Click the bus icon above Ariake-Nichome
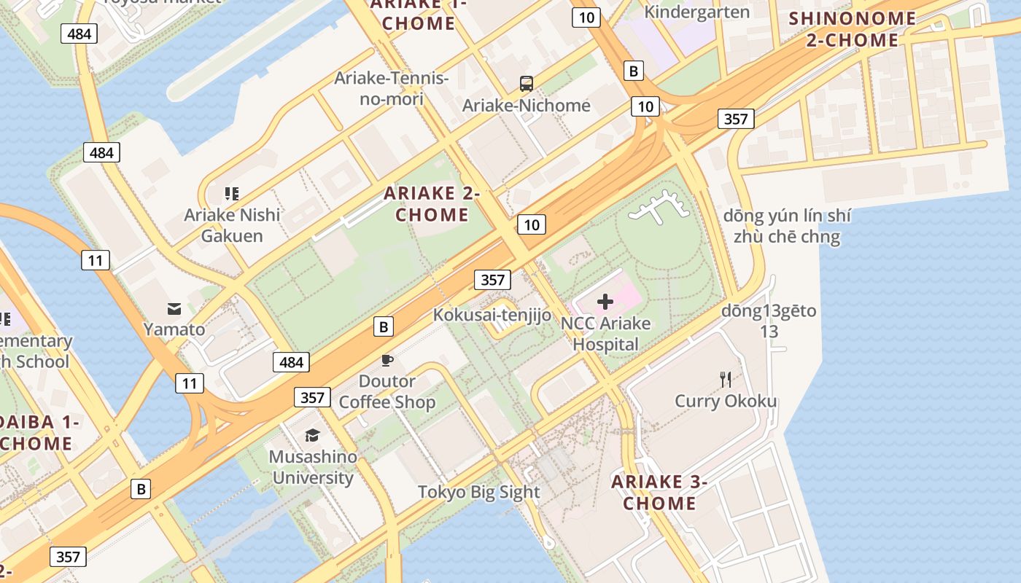(527, 83)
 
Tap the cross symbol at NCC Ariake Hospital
(605, 302)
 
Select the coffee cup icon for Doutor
(387, 360)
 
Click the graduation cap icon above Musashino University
(313, 435)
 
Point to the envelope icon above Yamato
(174, 308)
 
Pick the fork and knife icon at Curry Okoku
(726, 379)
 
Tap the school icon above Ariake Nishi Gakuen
(232, 194)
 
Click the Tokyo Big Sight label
(478, 492)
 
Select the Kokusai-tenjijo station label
(492, 315)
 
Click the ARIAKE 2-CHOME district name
(432, 204)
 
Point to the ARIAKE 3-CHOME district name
(659, 492)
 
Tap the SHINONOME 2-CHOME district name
(853, 29)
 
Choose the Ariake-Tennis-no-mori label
(392, 88)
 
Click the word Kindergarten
(696, 12)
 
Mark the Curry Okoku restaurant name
(726, 402)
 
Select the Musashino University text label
(314, 467)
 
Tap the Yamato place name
(174, 329)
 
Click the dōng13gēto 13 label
(769, 321)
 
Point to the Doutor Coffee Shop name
(387, 391)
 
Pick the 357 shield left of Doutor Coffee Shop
(312, 397)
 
